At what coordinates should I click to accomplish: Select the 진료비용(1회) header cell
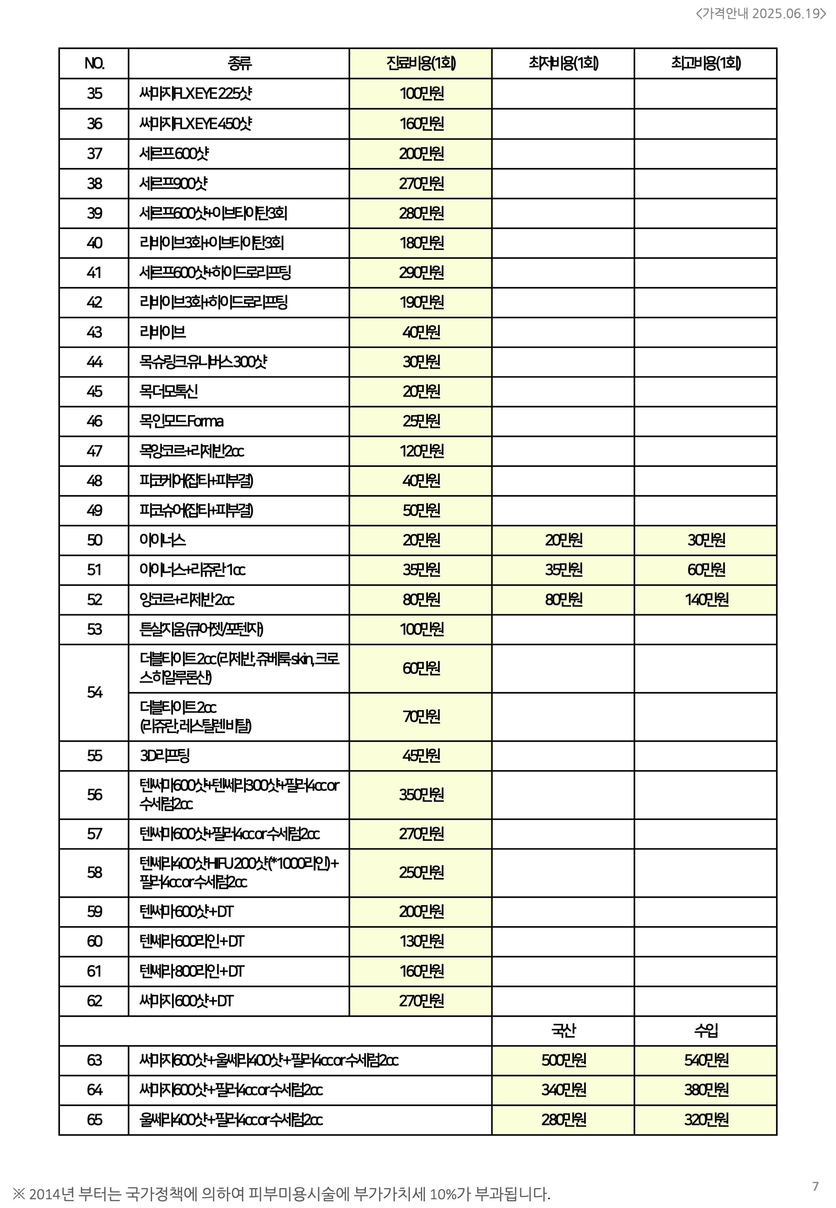pos(421,63)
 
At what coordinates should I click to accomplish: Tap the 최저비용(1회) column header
pos(563,63)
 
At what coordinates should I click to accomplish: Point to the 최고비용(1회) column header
pos(705,63)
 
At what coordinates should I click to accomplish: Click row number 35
pos(94,93)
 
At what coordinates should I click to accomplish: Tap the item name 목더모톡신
pos(168,391)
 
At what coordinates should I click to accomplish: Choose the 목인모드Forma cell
pos(181,421)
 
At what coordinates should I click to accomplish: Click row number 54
pos(94,693)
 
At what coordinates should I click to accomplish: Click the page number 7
pos(815,1186)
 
